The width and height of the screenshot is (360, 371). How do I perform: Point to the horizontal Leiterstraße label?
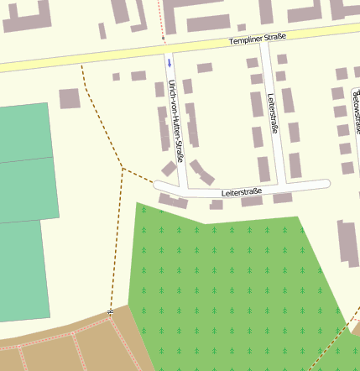(x=242, y=192)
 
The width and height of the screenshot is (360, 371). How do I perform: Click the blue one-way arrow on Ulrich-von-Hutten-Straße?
(x=169, y=61)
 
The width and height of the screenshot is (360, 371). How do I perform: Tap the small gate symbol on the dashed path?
(x=110, y=312)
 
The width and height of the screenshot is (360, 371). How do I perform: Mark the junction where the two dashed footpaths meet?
(x=123, y=169)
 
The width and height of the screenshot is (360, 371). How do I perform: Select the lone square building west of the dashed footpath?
(x=70, y=98)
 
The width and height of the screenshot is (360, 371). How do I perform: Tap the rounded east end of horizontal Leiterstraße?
(x=326, y=183)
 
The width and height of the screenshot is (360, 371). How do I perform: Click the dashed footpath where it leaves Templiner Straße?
(x=81, y=66)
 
